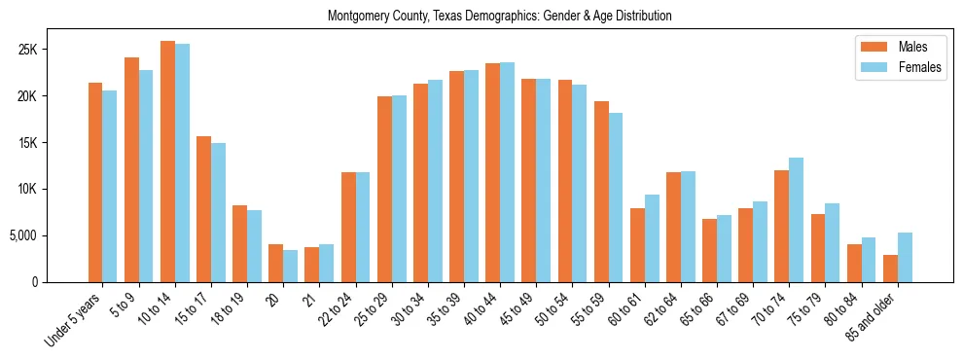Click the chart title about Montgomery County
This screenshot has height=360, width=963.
point(499,17)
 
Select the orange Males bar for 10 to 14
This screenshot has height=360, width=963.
point(167,162)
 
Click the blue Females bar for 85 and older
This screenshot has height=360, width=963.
point(905,257)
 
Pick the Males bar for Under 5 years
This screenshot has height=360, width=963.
point(95,182)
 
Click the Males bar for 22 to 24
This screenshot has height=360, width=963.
point(348,227)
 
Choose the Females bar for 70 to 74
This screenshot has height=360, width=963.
point(797,220)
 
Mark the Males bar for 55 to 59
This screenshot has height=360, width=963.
point(601,192)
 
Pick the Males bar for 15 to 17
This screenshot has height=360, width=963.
point(203,209)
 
